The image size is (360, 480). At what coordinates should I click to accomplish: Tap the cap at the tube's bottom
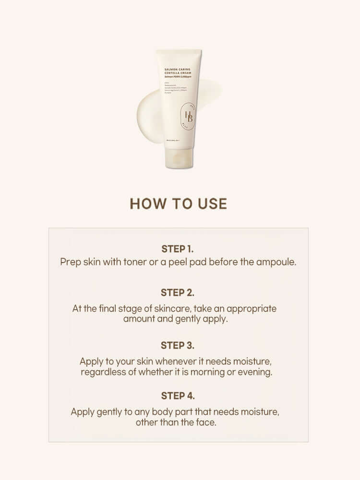pyautogui.click(x=179, y=157)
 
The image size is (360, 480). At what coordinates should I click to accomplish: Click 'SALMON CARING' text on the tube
pyautogui.click(x=178, y=69)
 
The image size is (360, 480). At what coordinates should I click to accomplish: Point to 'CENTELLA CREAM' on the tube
pyautogui.click(x=178, y=74)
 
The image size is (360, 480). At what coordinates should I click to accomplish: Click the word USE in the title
pyautogui.click(x=211, y=204)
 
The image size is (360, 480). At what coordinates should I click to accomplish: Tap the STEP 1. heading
pyautogui.click(x=178, y=249)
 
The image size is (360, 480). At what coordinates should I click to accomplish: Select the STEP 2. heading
pyautogui.click(x=178, y=292)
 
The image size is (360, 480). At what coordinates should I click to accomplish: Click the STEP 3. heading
pyautogui.click(x=178, y=345)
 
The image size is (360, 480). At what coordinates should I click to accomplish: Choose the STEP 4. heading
pyautogui.click(x=178, y=396)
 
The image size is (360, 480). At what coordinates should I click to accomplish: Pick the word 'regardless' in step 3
pyautogui.click(x=103, y=372)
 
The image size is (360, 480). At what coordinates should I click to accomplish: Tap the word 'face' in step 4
pyautogui.click(x=207, y=423)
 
